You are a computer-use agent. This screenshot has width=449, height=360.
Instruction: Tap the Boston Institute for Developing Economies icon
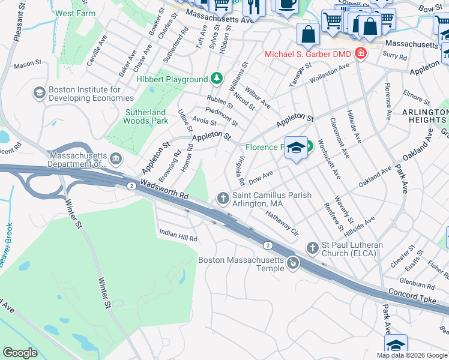pyautogui.click(x=40, y=93)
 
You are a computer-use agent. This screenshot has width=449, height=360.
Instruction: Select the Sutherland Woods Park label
pyautogui.click(x=146, y=116)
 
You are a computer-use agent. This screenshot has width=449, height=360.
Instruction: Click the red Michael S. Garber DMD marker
pyautogui.click(x=360, y=54)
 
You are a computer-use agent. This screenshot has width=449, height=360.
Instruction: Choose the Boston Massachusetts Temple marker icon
pyautogui.click(x=293, y=263)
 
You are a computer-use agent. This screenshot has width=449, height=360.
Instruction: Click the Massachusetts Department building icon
pyautogui.click(x=116, y=159)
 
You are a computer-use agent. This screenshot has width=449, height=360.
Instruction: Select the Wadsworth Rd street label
pyautogui.click(x=165, y=190)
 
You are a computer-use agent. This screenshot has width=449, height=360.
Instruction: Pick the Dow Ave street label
pyautogui.click(x=261, y=176)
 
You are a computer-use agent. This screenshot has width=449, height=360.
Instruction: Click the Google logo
pyautogui.click(x=20, y=353)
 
